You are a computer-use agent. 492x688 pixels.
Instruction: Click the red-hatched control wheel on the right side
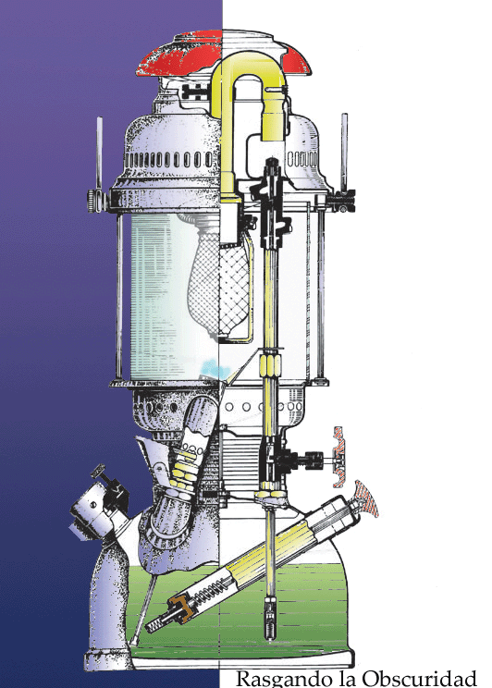(x=339, y=457)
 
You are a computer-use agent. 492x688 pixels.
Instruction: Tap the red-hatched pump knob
(x=366, y=498)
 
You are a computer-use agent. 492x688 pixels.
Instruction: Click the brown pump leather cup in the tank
(x=181, y=607)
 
